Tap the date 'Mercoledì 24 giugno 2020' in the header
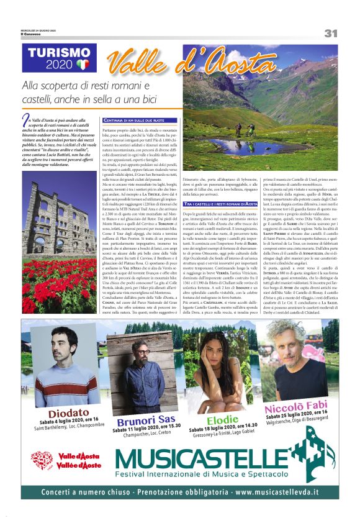click(x=38, y=30)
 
